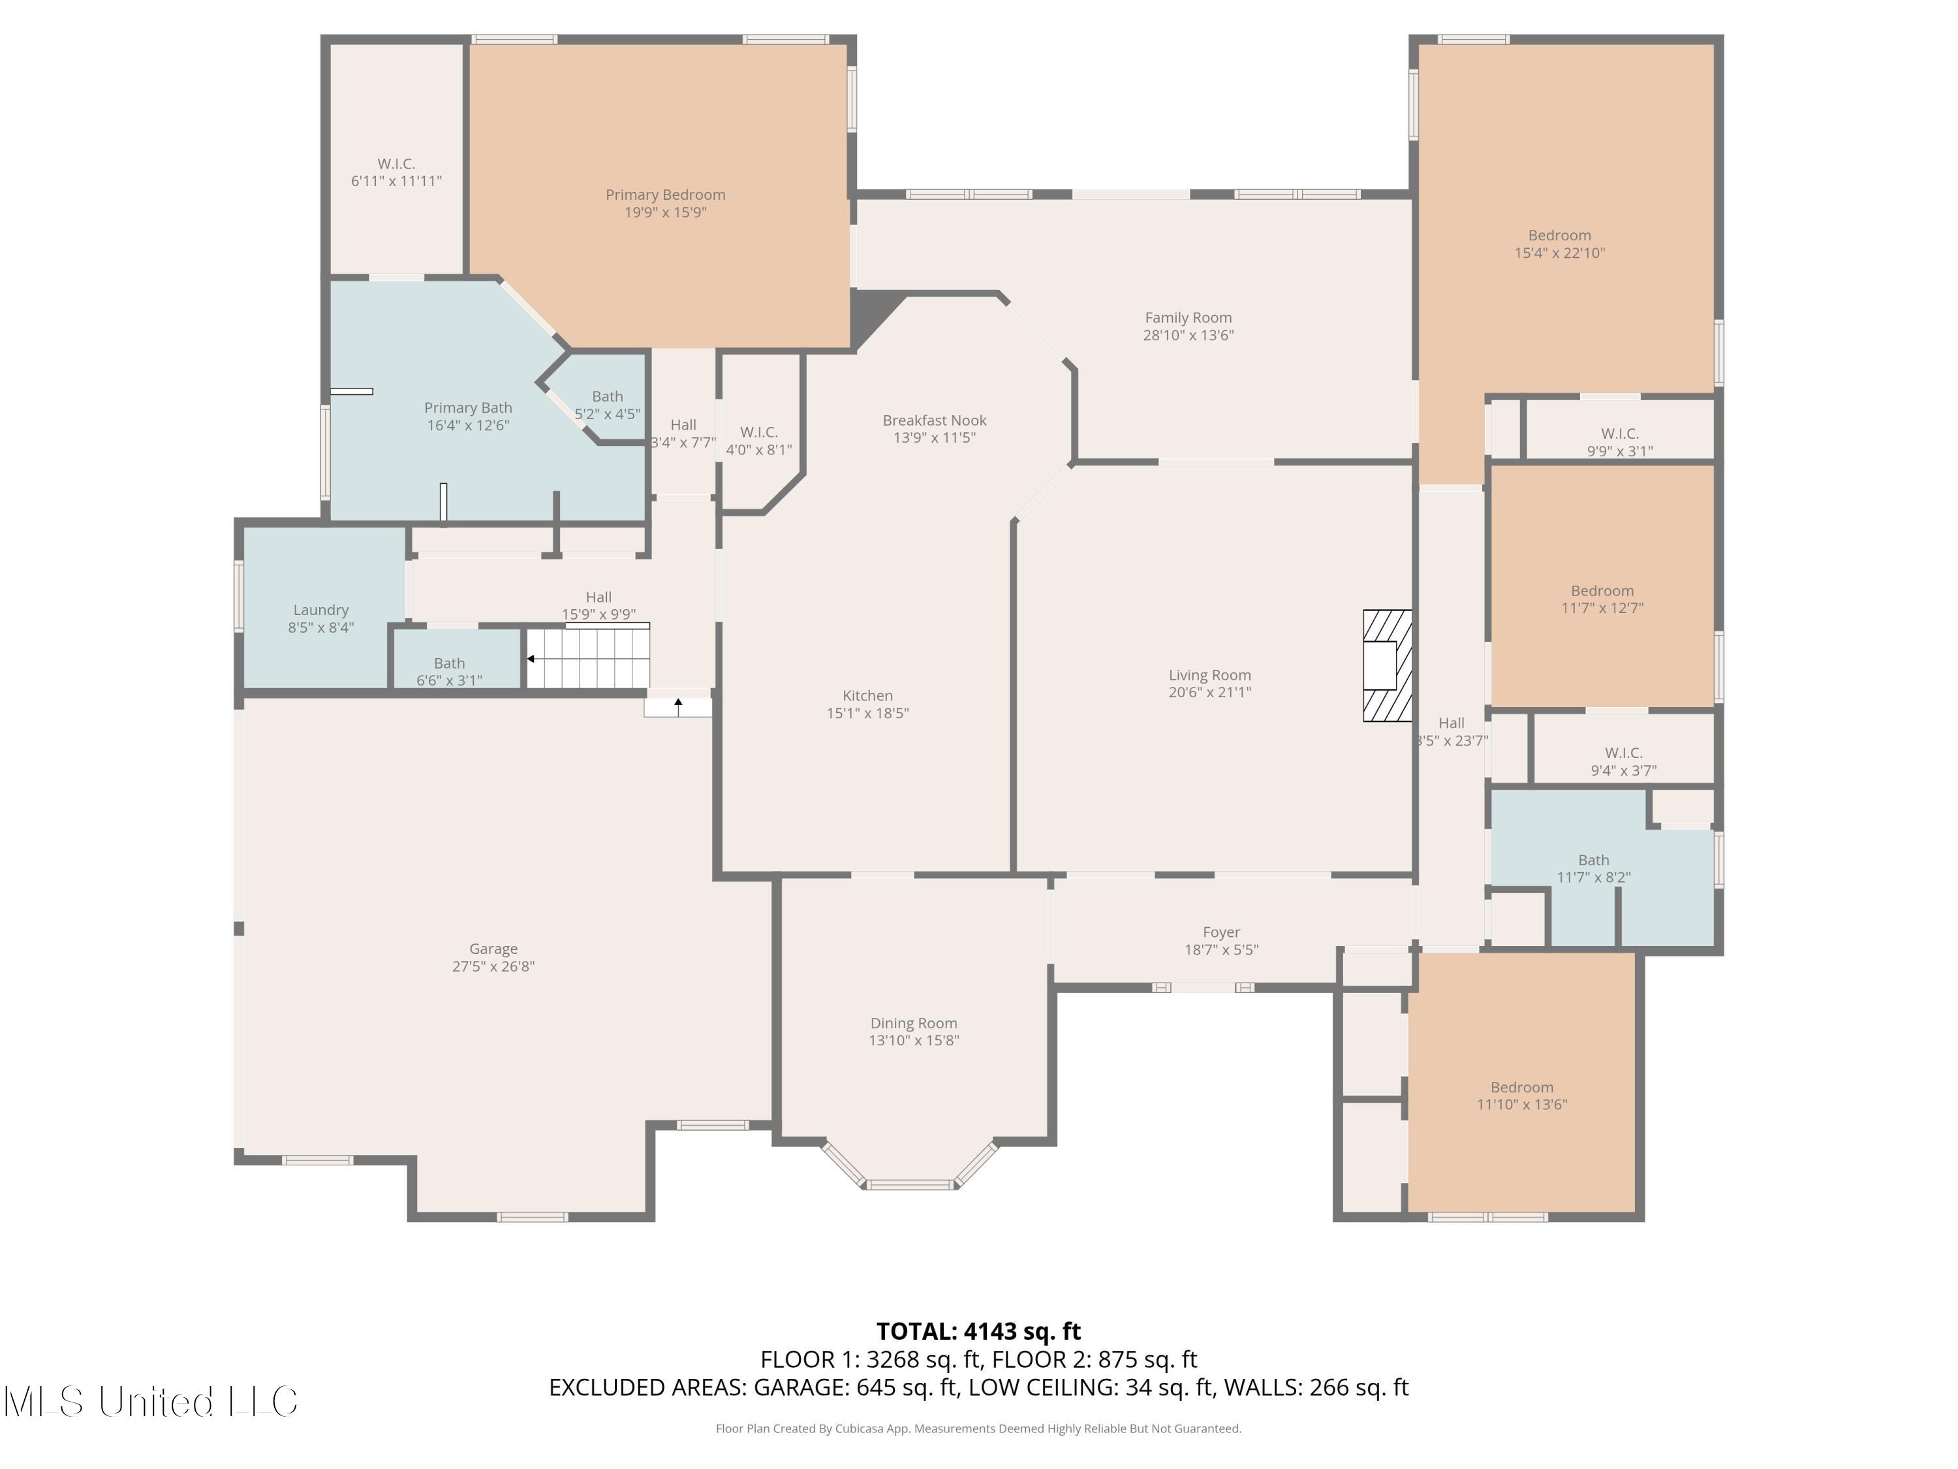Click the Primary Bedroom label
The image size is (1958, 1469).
[665, 195]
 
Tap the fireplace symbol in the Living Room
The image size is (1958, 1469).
[1386, 666]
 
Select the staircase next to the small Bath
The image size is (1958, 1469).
[589, 658]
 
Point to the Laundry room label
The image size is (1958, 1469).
[320, 610]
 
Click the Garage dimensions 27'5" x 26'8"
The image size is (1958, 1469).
[493, 966]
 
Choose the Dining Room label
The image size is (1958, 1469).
[914, 1022]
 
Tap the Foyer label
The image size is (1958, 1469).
[1220, 932]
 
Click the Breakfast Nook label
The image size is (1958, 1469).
[934, 420]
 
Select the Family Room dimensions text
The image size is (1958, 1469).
[1188, 336]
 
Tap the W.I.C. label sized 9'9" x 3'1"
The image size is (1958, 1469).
[1619, 434]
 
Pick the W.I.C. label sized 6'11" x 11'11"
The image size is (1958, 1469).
[396, 164]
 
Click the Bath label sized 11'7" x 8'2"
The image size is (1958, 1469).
[1593, 860]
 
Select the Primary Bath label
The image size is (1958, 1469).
[467, 408]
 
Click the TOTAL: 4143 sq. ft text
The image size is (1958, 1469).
[978, 1332]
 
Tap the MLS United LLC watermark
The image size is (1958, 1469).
[151, 1402]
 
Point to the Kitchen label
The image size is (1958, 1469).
[867, 696]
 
